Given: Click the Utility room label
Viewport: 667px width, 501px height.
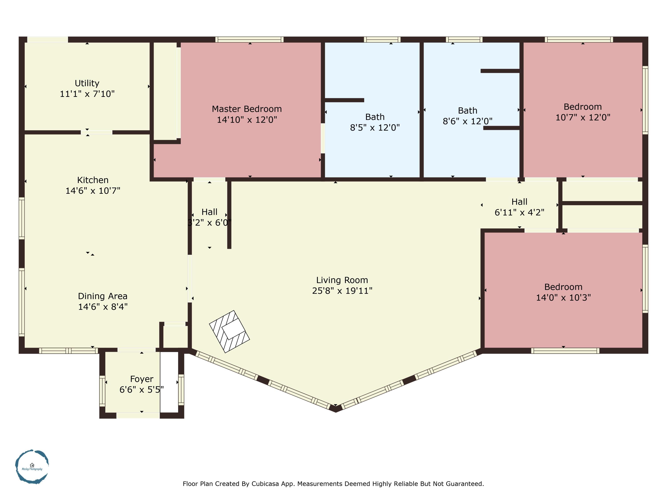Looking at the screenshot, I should (x=87, y=83).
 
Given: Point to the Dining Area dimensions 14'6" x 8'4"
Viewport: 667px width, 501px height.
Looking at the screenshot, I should (x=102, y=307).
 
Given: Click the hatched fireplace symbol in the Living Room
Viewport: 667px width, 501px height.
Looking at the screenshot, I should (x=229, y=331).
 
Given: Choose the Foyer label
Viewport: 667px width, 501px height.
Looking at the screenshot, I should (x=141, y=379).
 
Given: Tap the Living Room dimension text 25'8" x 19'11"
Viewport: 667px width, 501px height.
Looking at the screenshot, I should (x=342, y=291).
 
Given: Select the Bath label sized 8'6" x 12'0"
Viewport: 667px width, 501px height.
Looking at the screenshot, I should (x=467, y=110).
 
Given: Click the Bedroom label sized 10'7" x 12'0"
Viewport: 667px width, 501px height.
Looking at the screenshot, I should (x=582, y=107).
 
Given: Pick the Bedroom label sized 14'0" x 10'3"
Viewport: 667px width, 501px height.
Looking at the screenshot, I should (x=563, y=287).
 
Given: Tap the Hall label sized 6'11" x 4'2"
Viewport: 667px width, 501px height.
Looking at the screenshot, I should (x=519, y=202).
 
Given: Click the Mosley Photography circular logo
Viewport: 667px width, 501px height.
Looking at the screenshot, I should (x=32, y=466).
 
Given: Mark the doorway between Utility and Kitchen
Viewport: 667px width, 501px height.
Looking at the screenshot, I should (x=96, y=132).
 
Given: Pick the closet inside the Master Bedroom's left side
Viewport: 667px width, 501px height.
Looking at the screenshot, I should (x=165, y=91).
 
